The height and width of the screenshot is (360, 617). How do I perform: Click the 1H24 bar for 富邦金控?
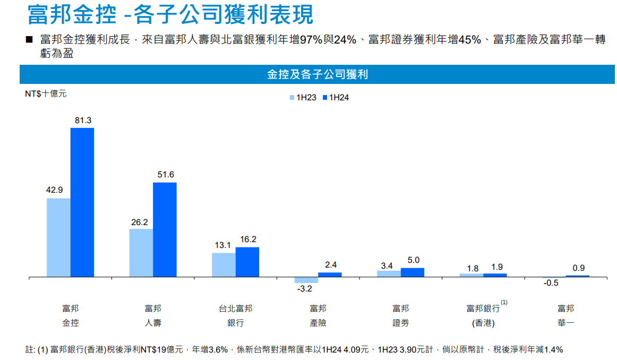pos(82,202)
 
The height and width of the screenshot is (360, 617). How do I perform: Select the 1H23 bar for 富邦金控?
pos(58,237)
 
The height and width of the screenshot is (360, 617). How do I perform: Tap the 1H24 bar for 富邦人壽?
pos(165,229)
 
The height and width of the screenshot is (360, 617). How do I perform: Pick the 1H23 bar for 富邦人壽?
pos(141,253)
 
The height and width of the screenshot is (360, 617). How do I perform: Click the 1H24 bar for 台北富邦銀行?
pos(247,262)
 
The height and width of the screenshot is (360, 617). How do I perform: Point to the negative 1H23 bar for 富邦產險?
pos(306,280)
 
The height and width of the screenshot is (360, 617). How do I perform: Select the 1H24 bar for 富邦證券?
pos(413,272)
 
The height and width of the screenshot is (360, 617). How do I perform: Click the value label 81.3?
pos(83,121)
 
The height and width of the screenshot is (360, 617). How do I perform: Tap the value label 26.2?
pos(140,222)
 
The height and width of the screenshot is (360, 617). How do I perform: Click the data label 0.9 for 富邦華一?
pos(579,268)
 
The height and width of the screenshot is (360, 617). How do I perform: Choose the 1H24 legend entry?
pos(336,98)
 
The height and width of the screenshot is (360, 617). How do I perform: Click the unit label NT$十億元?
pos(46,93)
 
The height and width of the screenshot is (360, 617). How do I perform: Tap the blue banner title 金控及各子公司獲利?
pos(317,75)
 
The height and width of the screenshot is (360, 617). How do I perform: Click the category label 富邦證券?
pos(401,315)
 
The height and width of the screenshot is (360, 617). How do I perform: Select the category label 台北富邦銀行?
pos(235,315)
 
